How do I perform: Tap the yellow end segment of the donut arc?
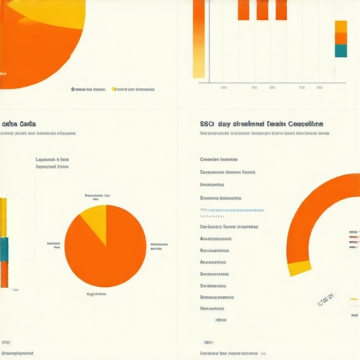click(300, 267)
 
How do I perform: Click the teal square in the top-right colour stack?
click(341, 51)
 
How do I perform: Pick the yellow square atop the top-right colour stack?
click(341, 27)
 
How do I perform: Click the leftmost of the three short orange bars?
click(243, 10)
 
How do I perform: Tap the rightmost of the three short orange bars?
click(281, 10)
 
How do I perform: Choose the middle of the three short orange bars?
click(262, 10)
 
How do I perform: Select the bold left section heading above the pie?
click(19, 123)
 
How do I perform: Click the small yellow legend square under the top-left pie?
click(114, 89)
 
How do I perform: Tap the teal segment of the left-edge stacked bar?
click(4, 248)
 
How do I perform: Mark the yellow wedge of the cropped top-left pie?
click(42, 8)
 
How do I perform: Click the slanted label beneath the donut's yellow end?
click(325, 301)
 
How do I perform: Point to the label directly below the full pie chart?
click(96, 294)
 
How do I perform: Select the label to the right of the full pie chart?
click(159, 246)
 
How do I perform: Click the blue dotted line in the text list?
click(232, 210)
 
